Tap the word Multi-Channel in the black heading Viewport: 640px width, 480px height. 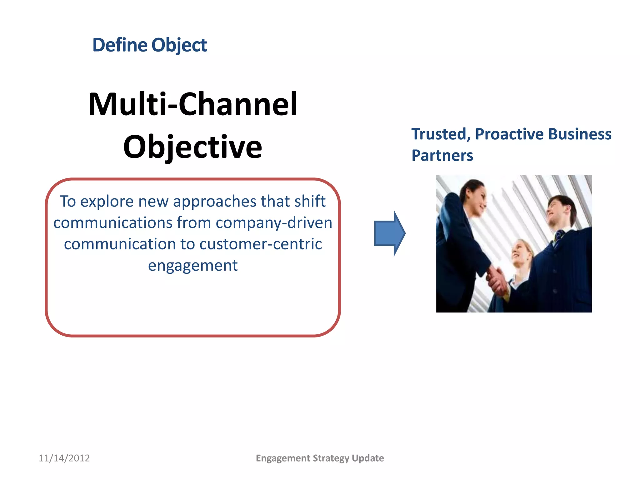pos(193,104)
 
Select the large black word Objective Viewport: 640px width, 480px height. pos(192,147)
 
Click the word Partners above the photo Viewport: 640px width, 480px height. pos(442,156)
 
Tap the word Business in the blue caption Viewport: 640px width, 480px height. pos(580,134)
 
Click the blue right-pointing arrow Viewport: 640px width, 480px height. pos(389,233)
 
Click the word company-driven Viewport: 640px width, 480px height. pos(274,223)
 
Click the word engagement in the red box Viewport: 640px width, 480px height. pos(192,266)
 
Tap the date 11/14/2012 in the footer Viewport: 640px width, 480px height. pos(64,458)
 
